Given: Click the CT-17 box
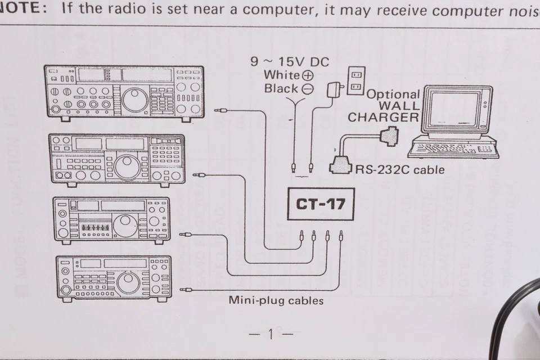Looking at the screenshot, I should tap(320, 203).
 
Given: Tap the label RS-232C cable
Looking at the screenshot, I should tap(399, 169).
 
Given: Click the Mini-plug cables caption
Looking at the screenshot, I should tap(276, 300).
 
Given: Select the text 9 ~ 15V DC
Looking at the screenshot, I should tap(290, 62).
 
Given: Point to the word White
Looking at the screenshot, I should tap(281, 75).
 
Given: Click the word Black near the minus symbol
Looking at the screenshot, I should tap(281, 88).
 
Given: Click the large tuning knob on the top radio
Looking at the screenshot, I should tap(135, 100).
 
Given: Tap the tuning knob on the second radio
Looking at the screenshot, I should tap(128, 167).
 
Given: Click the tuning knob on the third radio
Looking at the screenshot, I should tap(125, 226).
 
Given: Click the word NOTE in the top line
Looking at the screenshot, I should tap(22, 8).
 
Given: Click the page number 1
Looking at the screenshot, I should tap(271, 335).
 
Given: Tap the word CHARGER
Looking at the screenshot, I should tap(382, 118).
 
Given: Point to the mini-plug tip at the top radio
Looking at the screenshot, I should tap(220, 111).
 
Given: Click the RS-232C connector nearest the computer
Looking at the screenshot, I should tap(390, 136).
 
